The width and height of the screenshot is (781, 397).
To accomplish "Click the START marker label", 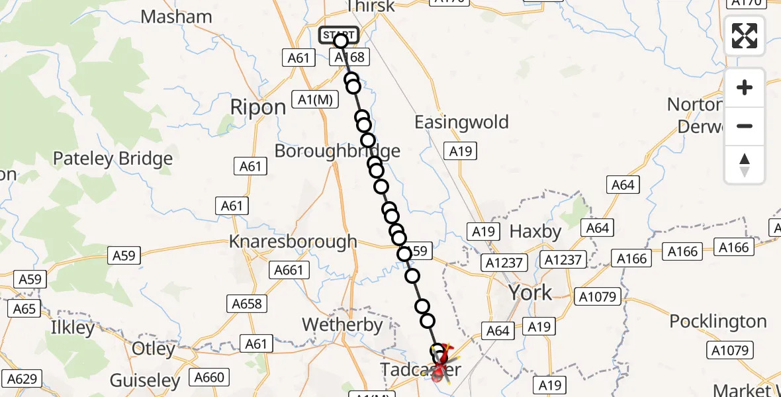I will (x=339, y=35).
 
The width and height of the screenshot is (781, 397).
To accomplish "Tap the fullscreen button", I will (x=745, y=36).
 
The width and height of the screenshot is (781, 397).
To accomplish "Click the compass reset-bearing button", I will (x=745, y=165).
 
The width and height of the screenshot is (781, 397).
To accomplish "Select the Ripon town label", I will (x=257, y=107).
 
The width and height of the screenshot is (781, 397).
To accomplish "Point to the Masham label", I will (x=177, y=17).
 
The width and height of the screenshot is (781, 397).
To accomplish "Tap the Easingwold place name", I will (x=461, y=122).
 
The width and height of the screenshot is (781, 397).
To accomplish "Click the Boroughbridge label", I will (x=337, y=151).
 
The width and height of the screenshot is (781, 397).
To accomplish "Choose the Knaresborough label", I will (x=293, y=242).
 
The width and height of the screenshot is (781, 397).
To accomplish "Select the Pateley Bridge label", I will (x=113, y=159).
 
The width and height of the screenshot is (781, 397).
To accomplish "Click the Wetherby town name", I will (x=342, y=325).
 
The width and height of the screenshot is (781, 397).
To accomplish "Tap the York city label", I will (x=529, y=292).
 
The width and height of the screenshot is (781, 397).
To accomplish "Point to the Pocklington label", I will (x=718, y=322).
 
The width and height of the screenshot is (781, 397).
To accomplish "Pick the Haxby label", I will (x=535, y=232).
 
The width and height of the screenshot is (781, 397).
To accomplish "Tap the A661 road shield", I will (x=289, y=270).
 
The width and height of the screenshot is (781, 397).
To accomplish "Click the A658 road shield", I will (x=247, y=304).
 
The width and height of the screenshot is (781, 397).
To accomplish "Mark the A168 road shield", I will (x=349, y=58).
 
